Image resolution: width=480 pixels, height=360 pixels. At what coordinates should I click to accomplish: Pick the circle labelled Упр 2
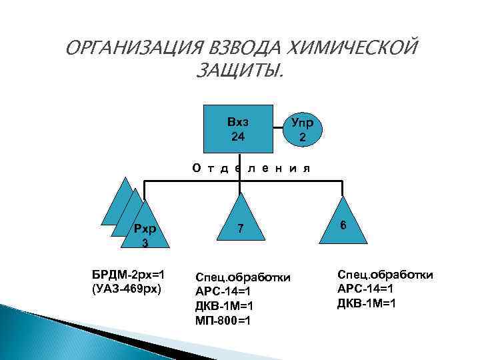[x=303, y=131]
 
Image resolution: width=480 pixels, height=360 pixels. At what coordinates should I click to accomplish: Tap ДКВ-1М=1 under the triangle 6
[x=367, y=303]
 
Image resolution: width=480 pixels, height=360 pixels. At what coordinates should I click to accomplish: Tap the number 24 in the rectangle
[x=238, y=137]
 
